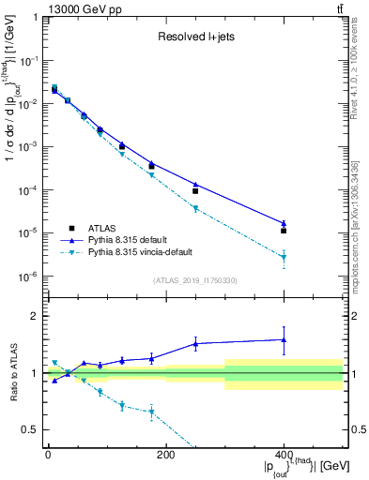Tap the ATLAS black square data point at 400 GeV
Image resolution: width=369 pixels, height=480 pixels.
tap(284, 230)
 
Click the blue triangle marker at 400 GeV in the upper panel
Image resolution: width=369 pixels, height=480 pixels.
tap(284, 223)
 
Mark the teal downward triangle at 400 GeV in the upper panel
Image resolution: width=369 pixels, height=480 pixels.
tap(284, 257)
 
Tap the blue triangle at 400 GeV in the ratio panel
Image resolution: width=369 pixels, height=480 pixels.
tap(284, 339)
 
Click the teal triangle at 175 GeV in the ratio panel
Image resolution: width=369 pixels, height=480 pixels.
tap(151, 412)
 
